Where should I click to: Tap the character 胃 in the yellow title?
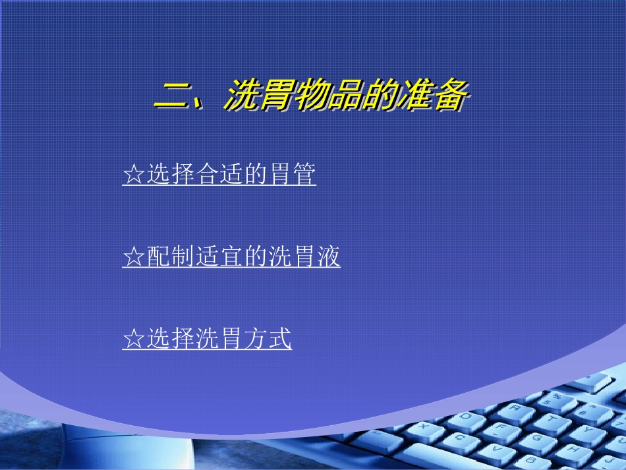(277, 97)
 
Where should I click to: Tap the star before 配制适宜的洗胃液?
(134, 257)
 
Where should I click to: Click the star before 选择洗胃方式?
(134, 339)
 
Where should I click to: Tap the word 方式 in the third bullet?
(267, 339)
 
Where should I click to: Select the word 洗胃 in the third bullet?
(219, 339)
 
